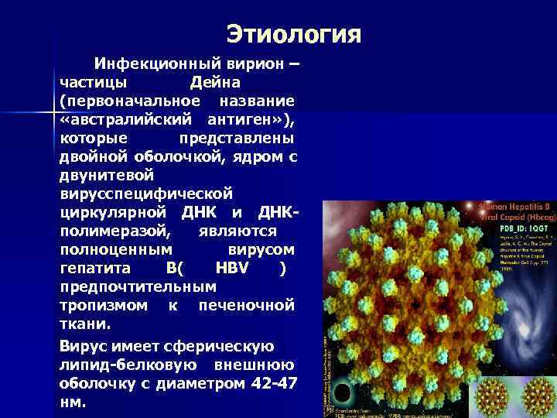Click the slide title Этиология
click(294, 34)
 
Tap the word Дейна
click(216, 82)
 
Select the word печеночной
click(247, 305)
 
